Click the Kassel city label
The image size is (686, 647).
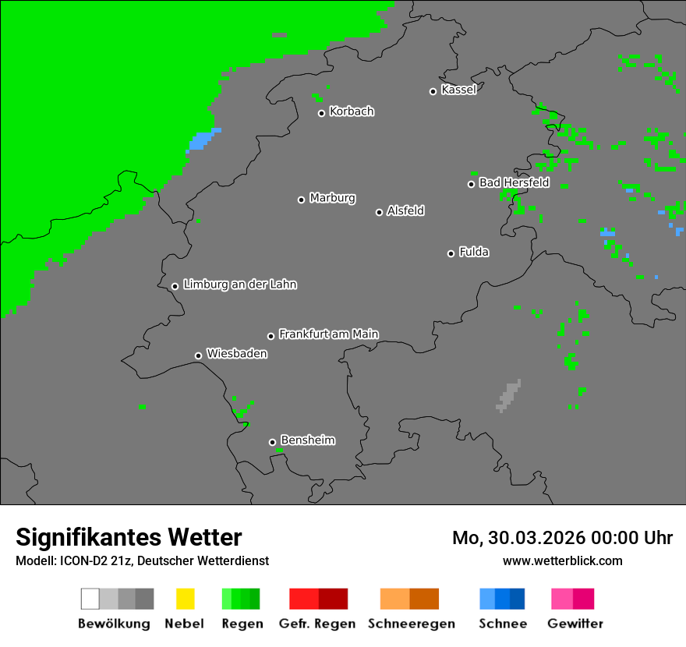click(458, 90)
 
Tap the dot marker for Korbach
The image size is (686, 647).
click(321, 113)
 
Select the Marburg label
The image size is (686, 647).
click(332, 198)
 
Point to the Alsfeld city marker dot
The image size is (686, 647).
click(379, 212)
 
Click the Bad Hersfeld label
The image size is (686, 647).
click(514, 182)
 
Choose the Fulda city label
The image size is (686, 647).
click(474, 252)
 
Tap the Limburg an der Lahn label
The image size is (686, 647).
click(239, 285)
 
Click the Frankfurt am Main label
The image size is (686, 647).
click(328, 334)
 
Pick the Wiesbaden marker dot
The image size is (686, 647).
click(198, 355)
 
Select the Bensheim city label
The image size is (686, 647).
click(307, 440)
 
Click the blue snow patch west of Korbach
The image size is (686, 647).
click(202, 140)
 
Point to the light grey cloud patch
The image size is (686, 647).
click(508, 396)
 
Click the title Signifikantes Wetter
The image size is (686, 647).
click(129, 537)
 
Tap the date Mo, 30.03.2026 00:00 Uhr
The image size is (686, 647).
click(562, 538)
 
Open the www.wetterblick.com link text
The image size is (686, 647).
click(562, 560)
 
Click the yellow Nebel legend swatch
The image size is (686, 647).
click(185, 599)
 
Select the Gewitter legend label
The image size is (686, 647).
click(575, 624)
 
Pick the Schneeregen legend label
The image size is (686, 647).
click(411, 624)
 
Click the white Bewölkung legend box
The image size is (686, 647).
click(90, 599)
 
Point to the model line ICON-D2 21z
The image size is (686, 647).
click(142, 560)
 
